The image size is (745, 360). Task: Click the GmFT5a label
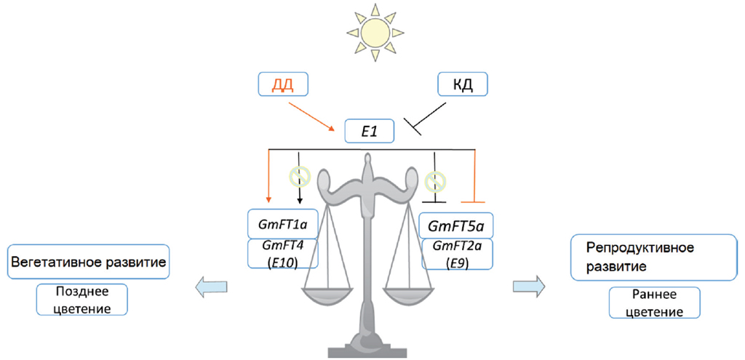[x=456, y=225]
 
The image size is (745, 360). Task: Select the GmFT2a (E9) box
[x=456, y=254]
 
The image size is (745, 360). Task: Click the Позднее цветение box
[x=81, y=300]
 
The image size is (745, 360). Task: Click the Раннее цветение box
[x=654, y=303]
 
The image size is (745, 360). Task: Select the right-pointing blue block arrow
[x=529, y=286]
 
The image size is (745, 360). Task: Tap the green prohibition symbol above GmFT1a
[x=299, y=175]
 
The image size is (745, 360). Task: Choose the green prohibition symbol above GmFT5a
[x=434, y=179]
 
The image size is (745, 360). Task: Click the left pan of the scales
[x=327, y=295]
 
